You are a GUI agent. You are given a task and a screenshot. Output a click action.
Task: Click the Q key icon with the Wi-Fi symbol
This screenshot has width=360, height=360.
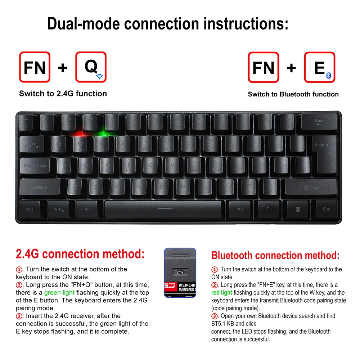[91, 67]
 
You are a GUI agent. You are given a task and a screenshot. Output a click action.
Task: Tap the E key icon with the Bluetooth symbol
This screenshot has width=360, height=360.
[320, 67]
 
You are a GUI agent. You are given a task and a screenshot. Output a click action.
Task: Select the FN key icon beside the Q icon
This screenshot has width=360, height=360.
[35, 67]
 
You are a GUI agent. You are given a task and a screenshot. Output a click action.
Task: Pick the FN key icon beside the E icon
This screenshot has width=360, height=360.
[264, 67]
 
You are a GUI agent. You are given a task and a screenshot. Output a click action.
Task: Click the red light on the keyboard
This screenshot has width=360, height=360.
[78, 133]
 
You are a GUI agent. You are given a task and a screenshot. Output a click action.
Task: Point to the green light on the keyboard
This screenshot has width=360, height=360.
[104, 134]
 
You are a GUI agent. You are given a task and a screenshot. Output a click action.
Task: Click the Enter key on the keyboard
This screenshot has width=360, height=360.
[324, 151]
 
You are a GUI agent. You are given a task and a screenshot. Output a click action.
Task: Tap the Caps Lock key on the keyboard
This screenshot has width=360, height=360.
[35, 166]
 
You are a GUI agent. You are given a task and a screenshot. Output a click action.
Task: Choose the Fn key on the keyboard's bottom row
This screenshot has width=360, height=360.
[269, 209]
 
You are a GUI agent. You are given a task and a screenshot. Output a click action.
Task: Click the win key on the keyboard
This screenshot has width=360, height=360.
[59, 209]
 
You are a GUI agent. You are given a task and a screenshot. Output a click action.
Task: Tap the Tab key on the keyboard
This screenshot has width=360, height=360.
[32, 145]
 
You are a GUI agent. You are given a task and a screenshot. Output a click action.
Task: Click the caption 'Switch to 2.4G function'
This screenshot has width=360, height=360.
[63, 94]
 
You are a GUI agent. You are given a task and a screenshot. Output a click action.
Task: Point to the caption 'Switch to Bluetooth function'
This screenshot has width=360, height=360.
[293, 94]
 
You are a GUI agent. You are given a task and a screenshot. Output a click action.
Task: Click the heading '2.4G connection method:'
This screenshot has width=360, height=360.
[80, 254]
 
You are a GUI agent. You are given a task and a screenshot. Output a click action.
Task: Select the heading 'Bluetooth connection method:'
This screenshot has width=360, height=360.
[275, 256]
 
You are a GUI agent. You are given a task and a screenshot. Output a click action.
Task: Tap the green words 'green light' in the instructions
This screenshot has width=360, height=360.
[59, 293]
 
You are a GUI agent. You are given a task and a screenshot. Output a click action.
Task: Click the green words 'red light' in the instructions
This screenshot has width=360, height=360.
[222, 293]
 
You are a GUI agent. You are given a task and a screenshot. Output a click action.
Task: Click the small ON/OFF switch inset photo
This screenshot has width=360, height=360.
[180, 273]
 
